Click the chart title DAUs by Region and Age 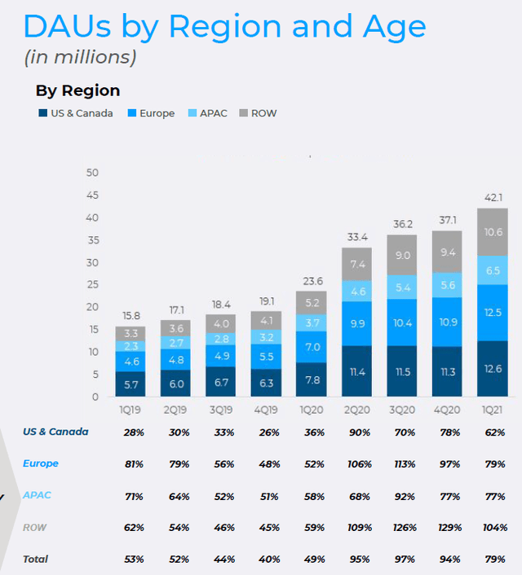(224, 27)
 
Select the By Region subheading (77, 90)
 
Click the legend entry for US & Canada (81, 113)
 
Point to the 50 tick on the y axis (92, 173)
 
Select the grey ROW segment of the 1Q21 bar (492, 232)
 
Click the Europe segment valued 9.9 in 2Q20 (357, 324)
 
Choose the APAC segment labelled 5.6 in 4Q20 (447, 285)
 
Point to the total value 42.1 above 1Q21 (492, 196)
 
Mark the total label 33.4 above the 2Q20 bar (357, 236)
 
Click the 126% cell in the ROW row (402, 527)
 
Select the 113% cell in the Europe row (402, 463)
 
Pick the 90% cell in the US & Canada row (357, 432)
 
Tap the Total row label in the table (35, 559)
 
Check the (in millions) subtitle (80, 58)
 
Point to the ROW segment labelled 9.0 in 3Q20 (402, 255)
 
